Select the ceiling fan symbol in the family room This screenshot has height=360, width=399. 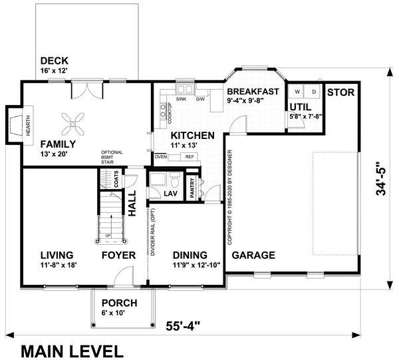[72, 121]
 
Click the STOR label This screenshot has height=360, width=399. [341, 91]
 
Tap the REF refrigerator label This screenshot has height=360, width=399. [189, 157]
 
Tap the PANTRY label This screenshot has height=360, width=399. [191, 186]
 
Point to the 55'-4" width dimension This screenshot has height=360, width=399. [184, 325]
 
